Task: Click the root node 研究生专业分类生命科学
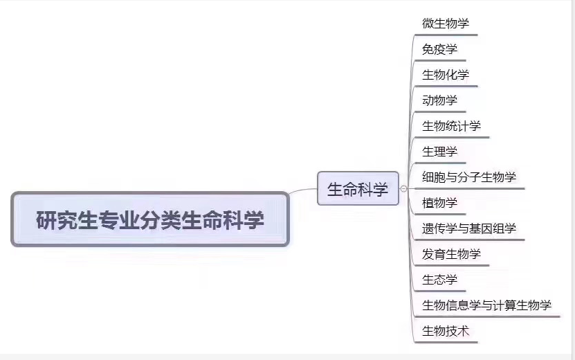[150, 219]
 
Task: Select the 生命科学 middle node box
[358, 188]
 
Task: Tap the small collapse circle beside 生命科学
[404, 188]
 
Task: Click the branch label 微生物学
[445, 24]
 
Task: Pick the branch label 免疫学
[439, 49]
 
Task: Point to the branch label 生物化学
[445, 75]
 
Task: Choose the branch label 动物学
[439, 100]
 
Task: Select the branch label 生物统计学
[451, 126]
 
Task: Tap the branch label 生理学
[439, 152]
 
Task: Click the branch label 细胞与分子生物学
[468, 177]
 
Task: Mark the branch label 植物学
[439, 203]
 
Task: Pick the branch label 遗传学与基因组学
[468, 228]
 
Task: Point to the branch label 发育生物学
[451, 254]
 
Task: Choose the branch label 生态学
[439, 280]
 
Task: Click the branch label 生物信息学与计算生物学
[486, 305]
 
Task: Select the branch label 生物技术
[445, 331]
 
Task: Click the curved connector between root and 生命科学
[303, 190]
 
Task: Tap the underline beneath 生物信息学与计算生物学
[488, 316]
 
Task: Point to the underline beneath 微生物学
[446, 35]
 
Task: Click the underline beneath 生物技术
[446, 343]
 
